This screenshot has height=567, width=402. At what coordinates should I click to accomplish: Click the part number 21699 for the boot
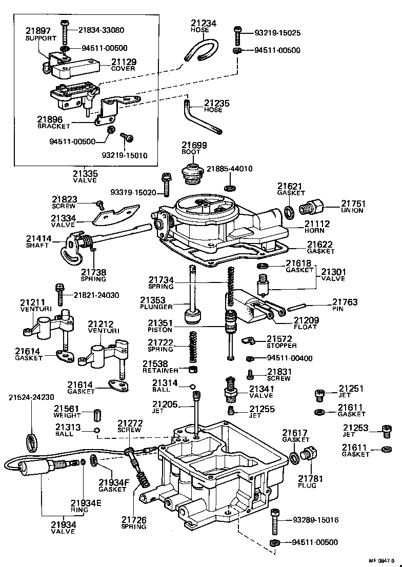(x=194, y=145)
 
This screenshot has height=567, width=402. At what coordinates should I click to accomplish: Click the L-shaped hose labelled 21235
(x=200, y=118)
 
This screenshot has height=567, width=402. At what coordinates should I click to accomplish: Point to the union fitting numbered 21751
(x=312, y=208)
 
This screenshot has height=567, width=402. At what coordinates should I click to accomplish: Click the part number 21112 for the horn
(x=317, y=224)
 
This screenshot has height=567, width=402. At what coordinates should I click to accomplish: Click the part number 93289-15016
(x=315, y=520)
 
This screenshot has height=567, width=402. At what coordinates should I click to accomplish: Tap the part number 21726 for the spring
(x=134, y=520)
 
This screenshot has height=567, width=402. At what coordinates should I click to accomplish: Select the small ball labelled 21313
(x=96, y=430)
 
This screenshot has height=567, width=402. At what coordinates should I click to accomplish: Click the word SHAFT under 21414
(x=37, y=246)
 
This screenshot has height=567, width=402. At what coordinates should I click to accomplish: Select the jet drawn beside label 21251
(x=318, y=395)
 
